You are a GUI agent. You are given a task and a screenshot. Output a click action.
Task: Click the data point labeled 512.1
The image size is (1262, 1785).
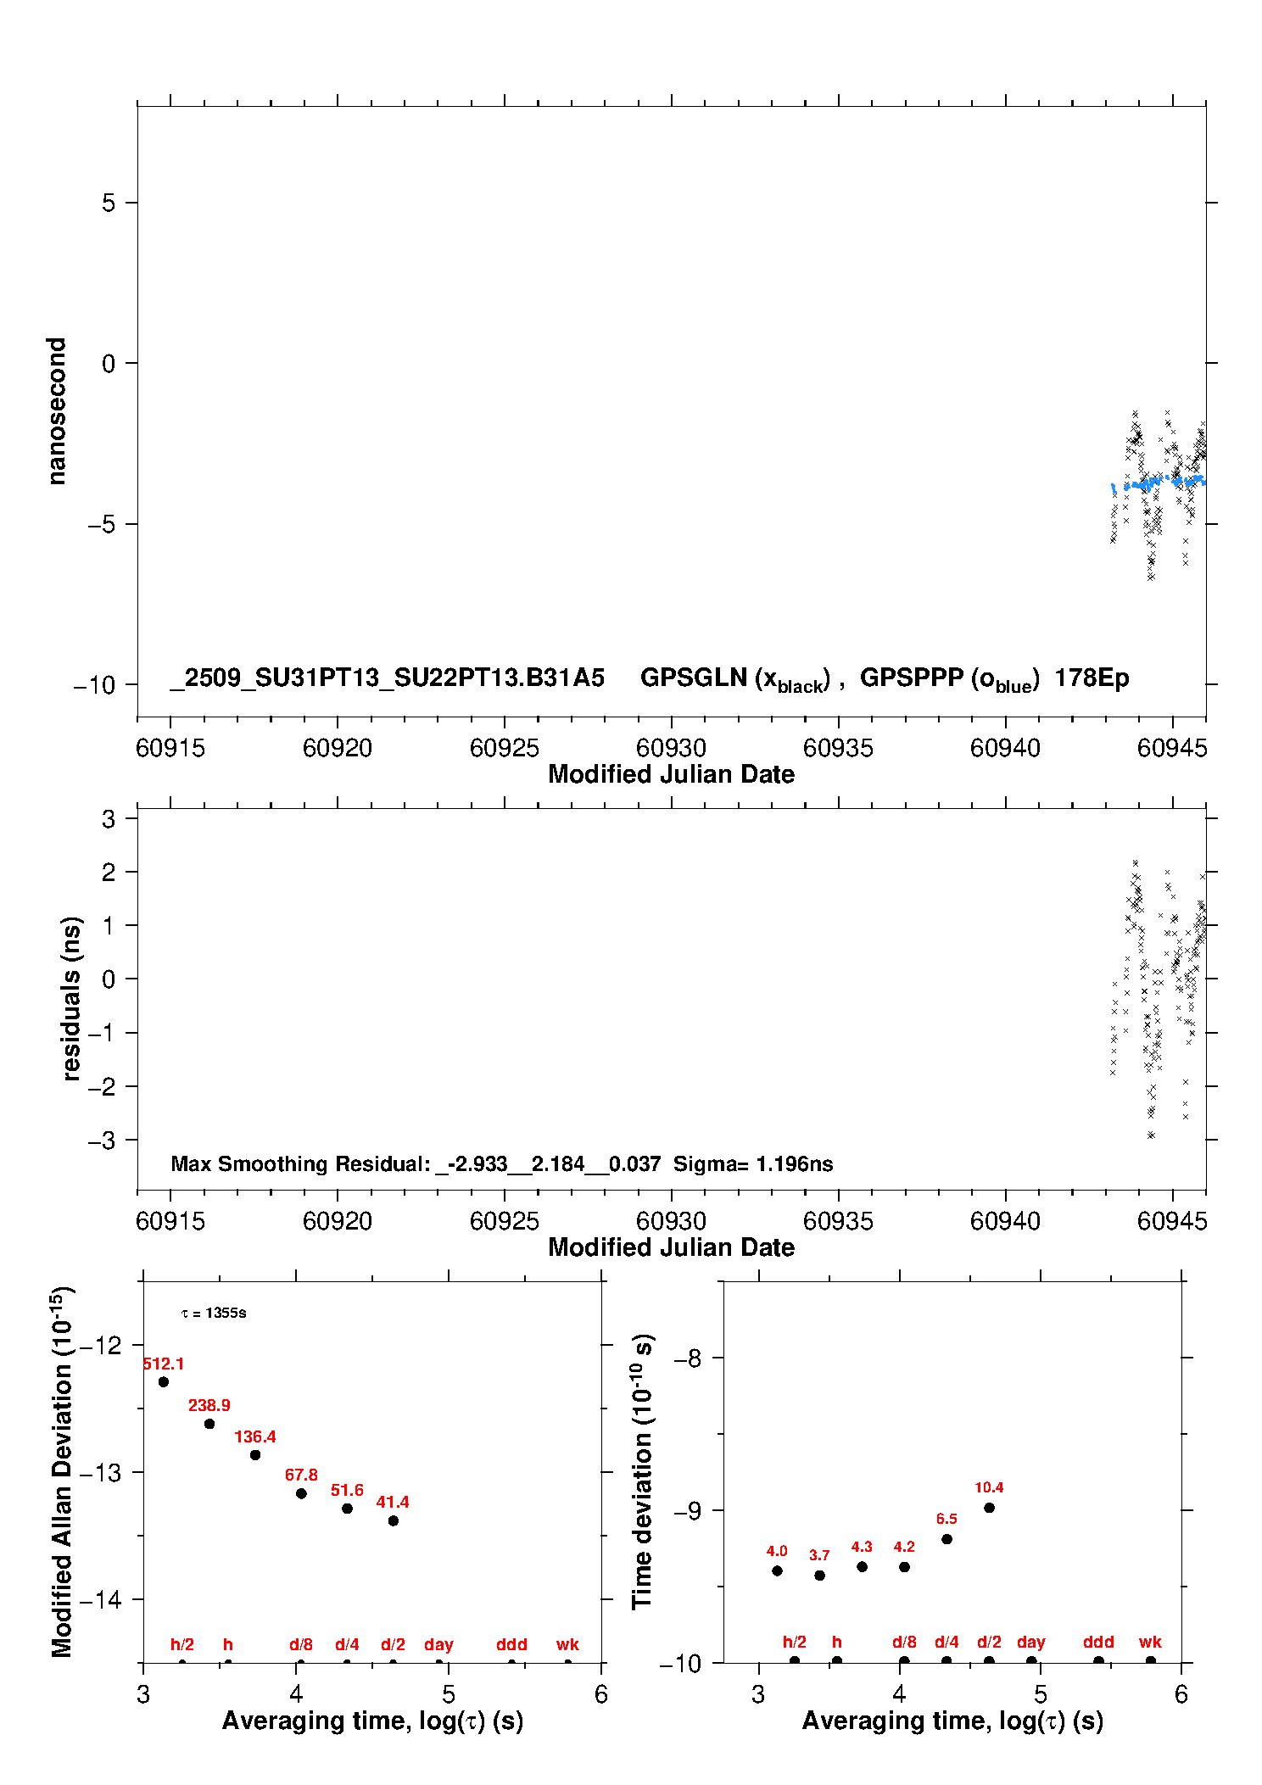pos(164,1381)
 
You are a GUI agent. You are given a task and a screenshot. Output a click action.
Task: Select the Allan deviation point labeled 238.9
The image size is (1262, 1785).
pos(209,1423)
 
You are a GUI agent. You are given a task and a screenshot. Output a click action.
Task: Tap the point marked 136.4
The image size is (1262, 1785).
pos(255,1454)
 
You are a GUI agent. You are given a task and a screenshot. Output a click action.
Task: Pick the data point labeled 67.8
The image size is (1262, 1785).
pos(301,1492)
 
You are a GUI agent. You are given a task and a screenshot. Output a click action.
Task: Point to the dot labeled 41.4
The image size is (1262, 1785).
pos(394,1520)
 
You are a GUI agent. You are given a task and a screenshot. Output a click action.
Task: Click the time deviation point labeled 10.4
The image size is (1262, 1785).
pos(989,1507)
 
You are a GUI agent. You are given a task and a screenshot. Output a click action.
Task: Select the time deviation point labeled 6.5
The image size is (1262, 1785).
pos(946,1538)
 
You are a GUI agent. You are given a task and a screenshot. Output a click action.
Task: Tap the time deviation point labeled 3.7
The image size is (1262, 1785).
pos(819,1575)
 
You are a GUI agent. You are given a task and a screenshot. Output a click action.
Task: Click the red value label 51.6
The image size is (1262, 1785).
pos(347,1490)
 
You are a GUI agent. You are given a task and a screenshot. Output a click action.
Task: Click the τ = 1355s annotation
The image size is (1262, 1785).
pos(214,1313)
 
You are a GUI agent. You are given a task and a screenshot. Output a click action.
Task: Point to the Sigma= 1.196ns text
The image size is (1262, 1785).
pos(753,1163)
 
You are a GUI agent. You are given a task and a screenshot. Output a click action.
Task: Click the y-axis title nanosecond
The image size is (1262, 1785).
pos(56,410)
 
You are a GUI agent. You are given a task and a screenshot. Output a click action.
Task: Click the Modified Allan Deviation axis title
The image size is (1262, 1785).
pos(61,1471)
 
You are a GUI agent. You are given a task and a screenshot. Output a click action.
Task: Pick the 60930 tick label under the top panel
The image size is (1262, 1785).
pos(671,748)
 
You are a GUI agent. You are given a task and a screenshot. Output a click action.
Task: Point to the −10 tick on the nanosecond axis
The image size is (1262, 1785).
pos(94,685)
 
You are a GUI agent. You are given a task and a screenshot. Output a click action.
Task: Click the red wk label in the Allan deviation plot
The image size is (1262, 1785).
pos(567,1644)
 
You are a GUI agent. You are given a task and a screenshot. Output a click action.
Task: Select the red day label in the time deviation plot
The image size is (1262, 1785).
pos(1031,1642)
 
